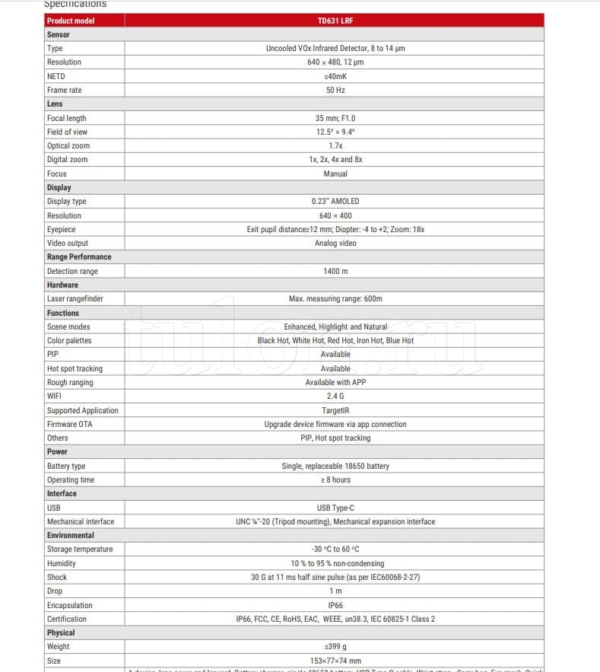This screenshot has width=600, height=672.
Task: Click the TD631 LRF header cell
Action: pyautogui.click(x=335, y=21)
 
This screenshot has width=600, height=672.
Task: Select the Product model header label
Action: pyautogui.click(x=71, y=21)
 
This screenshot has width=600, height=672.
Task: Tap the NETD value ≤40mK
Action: pyautogui.click(x=335, y=76)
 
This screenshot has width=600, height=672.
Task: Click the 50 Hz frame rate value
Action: pyautogui.click(x=335, y=90)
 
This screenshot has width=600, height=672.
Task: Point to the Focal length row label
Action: pyautogui.click(x=67, y=118)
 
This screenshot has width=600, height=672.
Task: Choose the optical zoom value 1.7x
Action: pyautogui.click(x=335, y=145)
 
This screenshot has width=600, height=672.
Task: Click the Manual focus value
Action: pyautogui.click(x=335, y=174)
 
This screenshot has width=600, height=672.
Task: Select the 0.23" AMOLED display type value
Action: pyautogui.click(x=335, y=201)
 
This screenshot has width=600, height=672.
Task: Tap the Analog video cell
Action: pyautogui.click(x=335, y=243)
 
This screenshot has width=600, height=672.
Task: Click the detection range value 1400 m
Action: pyautogui.click(x=335, y=271)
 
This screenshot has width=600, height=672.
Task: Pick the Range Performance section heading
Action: pyautogui.click(x=79, y=256)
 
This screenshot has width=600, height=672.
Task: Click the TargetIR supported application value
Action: pyautogui.click(x=335, y=410)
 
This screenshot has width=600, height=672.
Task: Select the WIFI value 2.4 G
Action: pyautogui.click(x=335, y=396)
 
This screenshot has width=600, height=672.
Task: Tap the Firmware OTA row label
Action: pyautogui.click(x=69, y=424)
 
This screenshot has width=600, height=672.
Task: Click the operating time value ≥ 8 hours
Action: pyautogui.click(x=335, y=479)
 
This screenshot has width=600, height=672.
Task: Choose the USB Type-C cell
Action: pyautogui.click(x=335, y=508)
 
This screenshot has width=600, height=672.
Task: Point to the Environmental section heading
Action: pyautogui.click(x=71, y=535)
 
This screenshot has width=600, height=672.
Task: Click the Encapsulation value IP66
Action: pyautogui.click(x=335, y=605)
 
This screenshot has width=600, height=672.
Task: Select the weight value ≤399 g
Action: pyautogui.click(x=335, y=647)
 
